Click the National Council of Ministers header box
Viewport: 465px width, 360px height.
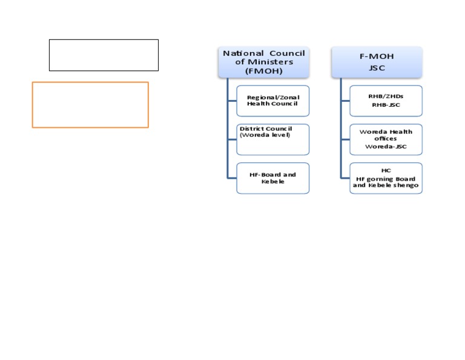click(263, 62)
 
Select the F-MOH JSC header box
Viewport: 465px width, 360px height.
click(377, 62)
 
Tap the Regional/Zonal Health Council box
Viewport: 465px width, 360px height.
click(272, 101)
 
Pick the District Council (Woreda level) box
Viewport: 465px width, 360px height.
click(272, 139)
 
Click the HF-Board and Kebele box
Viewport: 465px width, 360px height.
click(272, 178)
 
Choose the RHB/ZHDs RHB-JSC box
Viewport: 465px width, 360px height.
click(386, 101)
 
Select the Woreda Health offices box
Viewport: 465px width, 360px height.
click(386, 139)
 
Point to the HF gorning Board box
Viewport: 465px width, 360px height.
click(386, 178)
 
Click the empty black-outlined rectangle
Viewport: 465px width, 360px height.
click(104, 55)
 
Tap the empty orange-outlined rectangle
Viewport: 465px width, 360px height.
click(90, 105)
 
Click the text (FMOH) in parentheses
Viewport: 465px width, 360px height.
click(263, 70)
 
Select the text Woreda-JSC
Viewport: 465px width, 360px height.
click(386, 147)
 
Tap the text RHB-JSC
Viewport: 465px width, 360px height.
click(386, 105)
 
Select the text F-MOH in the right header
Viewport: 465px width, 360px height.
click(377, 56)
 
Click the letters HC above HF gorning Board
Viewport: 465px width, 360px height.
click(386, 171)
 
